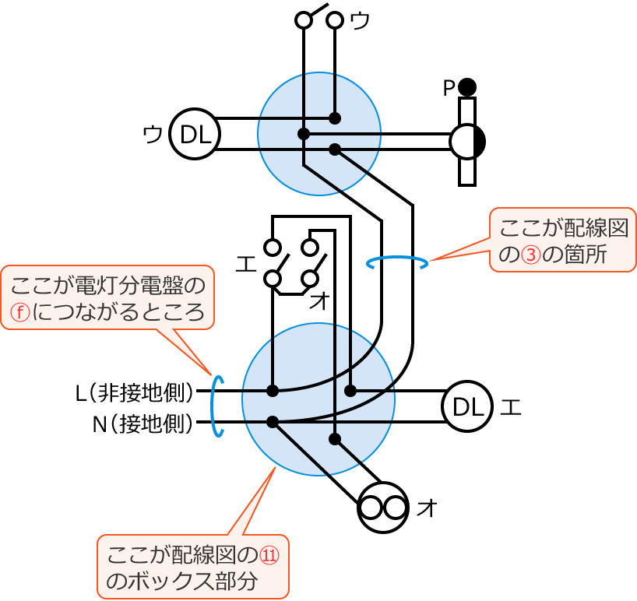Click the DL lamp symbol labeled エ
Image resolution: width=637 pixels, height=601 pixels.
pyautogui.click(x=467, y=406)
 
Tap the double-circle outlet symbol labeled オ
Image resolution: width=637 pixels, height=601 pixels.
pyautogui.click(x=383, y=508)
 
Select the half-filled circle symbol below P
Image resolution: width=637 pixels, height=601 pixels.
pyautogui.click(x=467, y=141)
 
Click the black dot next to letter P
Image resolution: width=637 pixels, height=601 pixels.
pyautogui.click(x=467, y=86)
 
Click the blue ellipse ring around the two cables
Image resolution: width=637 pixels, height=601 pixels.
pyautogui.click(x=397, y=262)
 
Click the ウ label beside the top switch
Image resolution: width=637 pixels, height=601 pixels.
pyautogui.click(x=360, y=21)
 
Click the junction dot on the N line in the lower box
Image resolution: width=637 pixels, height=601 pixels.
pyautogui.click(x=273, y=422)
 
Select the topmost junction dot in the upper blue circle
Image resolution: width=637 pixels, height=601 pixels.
pyautogui.click(x=335, y=118)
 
